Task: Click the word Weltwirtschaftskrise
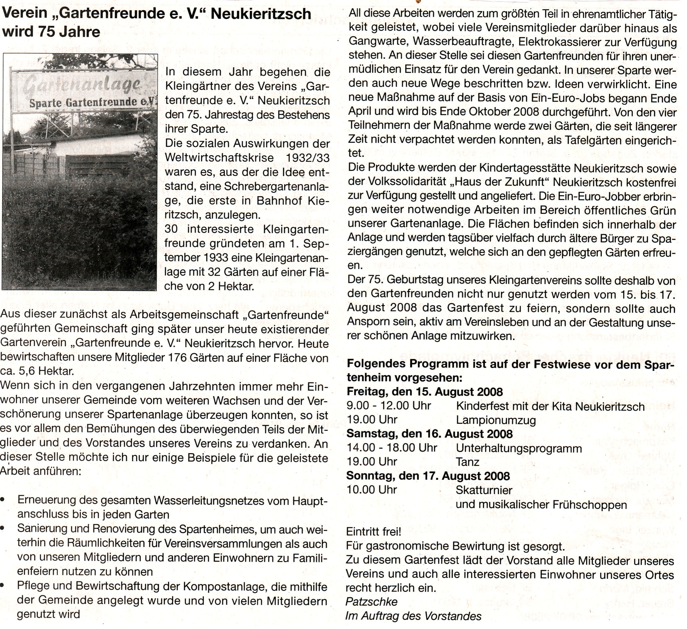[x=219, y=158]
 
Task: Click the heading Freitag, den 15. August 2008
[x=425, y=392]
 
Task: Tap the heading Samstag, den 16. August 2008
[x=429, y=434]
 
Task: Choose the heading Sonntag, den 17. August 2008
[x=428, y=476]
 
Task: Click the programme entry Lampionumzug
[x=496, y=420]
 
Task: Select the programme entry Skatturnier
[x=484, y=490]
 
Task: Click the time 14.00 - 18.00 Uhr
[x=392, y=448]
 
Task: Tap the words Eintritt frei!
[x=373, y=531]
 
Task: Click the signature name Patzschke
[x=372, y=602]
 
